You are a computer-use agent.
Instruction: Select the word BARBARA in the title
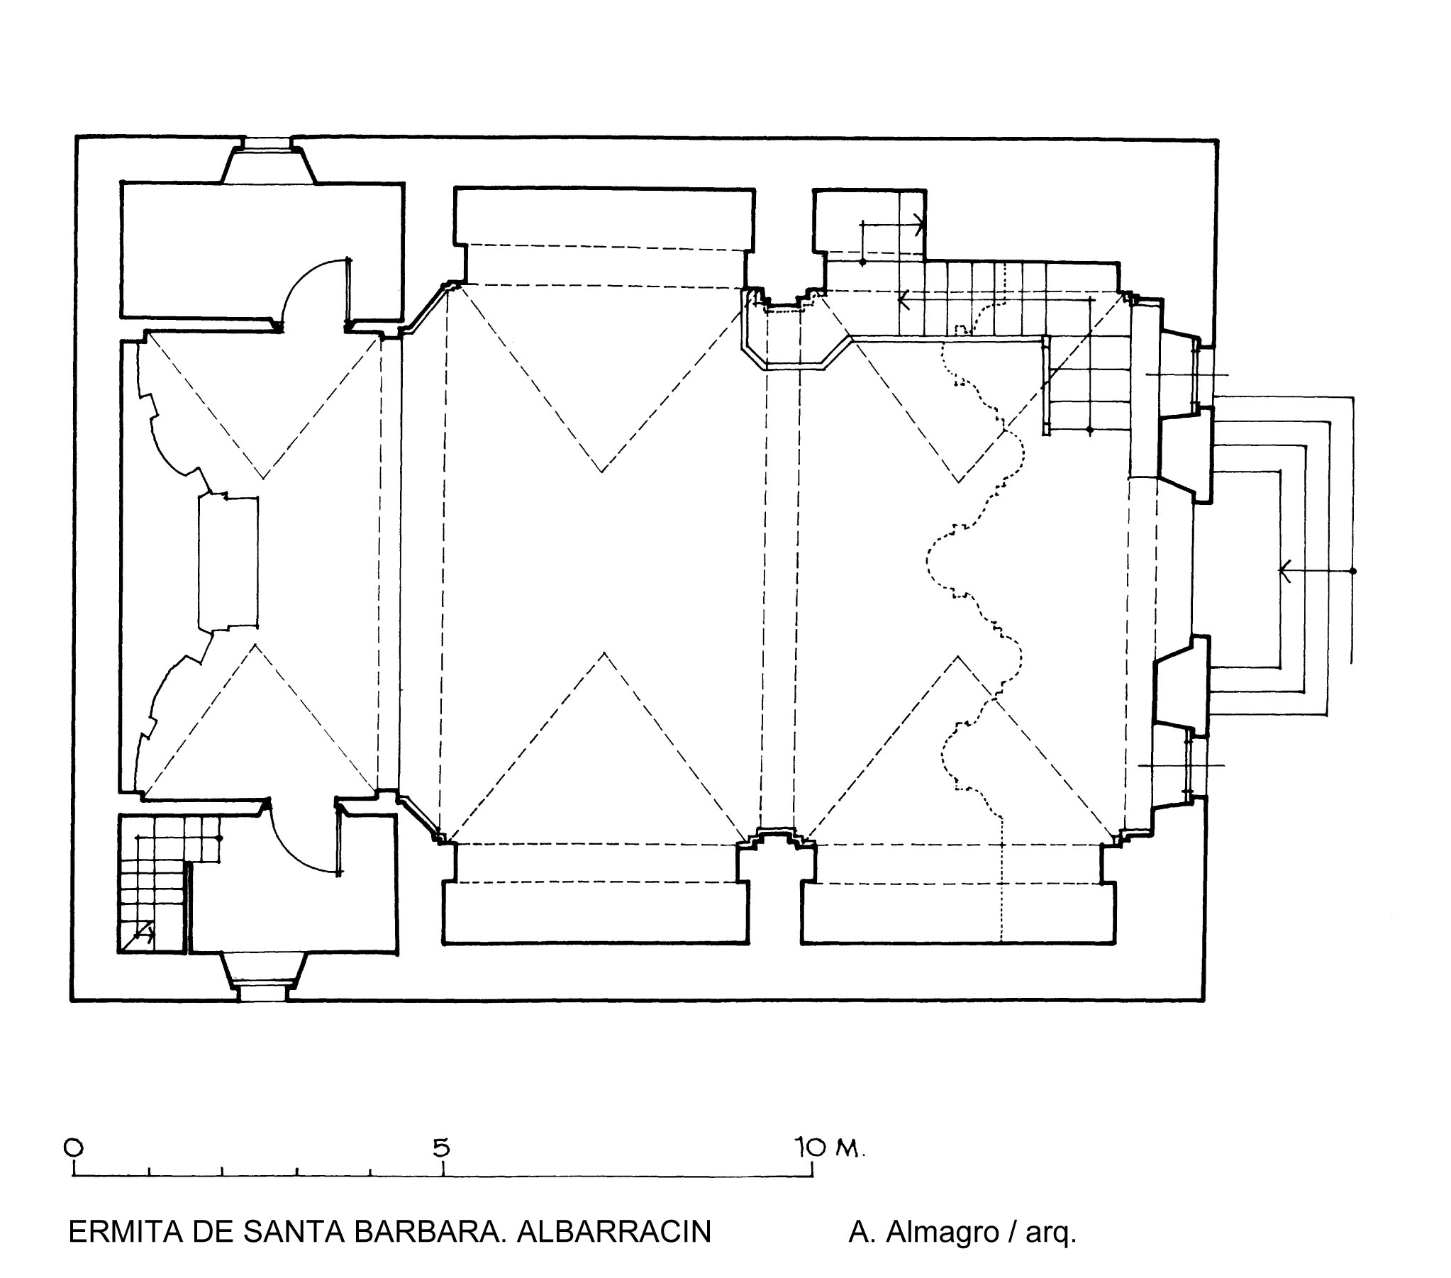pyautogui.click(x=423, y=1232)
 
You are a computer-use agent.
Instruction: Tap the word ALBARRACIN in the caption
pyautogui.click(x=613, y=1232)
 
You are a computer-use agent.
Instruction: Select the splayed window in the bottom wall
pyautogui.click(x=264, y=977)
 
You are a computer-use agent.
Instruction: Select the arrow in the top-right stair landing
pyautogui.click(x=892, y=224)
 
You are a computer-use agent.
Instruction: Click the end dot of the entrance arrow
pyautogui.click(x=1353, y=571)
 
